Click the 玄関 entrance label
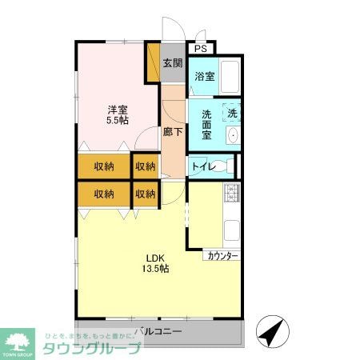tap(174, 63)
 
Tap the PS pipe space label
tap(201, 48)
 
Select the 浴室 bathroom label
tap(204, 77)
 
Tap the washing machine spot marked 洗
tap(232, 113)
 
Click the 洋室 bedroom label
tap(118, 110)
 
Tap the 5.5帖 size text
tap(118, 122)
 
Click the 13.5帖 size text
tap(156, 270)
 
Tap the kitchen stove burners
tap(233, 193)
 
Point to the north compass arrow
tap(270, 330)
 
